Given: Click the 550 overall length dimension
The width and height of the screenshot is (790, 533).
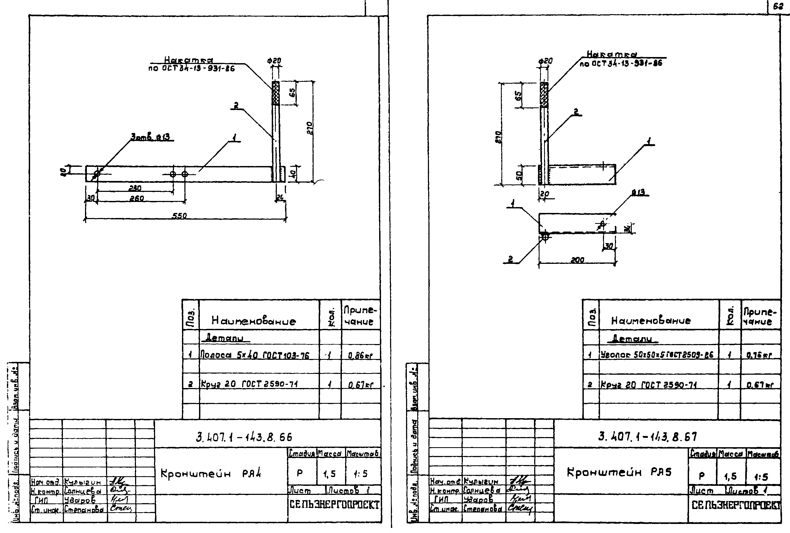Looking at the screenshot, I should [x=179, y=216].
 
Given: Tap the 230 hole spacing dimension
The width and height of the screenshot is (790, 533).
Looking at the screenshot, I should [x=135, y=188].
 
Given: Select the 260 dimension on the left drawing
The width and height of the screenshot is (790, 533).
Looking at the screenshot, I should [x=137, y=199].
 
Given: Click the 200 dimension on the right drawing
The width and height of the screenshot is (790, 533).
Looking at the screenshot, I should [x=577, y=260].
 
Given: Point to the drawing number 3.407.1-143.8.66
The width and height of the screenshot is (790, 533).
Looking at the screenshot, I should [x=244, y=437].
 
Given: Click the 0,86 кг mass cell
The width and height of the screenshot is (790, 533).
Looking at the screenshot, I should [x=360, y=356].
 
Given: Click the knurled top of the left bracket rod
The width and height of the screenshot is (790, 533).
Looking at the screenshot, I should [x=276, y=93].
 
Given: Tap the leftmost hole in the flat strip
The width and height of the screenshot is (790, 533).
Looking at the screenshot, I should [x=96, y=174].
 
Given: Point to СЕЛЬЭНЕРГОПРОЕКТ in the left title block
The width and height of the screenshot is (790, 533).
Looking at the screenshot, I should [x=334, y=505].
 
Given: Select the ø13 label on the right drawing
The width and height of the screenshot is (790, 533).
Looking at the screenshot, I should [x=638, y=192].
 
